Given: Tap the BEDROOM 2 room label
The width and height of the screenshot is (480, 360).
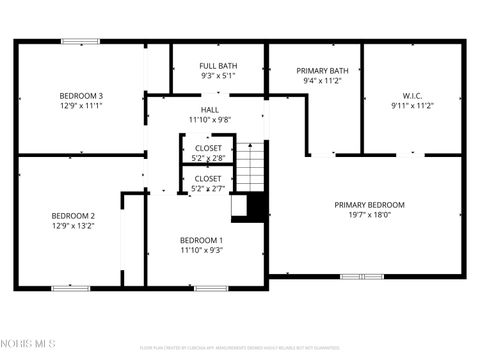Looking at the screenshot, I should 73,216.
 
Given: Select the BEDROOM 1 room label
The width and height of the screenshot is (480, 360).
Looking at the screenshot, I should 201,240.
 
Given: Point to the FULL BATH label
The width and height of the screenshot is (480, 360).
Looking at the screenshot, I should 218,66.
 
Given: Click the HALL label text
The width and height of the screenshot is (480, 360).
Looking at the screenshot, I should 209,111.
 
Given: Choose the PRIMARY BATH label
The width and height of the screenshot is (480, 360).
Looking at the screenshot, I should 322,70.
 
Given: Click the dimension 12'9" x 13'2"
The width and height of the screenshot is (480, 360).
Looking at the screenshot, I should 73,226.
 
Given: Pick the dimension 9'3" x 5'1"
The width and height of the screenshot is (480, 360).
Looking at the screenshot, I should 218,76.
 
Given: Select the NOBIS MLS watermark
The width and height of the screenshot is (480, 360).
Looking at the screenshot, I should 29,345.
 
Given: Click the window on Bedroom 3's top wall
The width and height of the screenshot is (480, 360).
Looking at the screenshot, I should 80,41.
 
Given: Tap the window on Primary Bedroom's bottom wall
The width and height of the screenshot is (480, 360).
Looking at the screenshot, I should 361,276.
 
